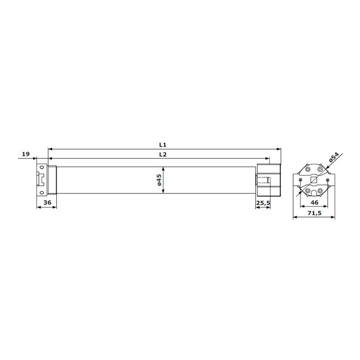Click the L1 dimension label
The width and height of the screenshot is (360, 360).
pyautogui.click(x=162, y=145)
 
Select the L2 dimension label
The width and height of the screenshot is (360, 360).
pyautogui.click(x=162, y=154)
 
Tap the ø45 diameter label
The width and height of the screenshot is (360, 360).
pyautogui.click(x=159, y=180)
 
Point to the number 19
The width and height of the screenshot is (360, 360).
pyautogui.click(x=26, y=154)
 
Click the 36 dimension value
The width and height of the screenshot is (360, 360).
pyautogui.click(x=47, y=202)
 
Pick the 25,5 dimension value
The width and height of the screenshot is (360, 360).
pyautogui.click(x=263, y=203)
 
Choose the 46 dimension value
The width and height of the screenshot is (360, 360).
pyautogui.click(x=314, y=202)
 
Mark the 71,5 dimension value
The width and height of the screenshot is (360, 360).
pyautogui.click(x=314, y=213)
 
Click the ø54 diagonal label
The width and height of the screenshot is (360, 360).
pyautogui.click(x=333, y=157)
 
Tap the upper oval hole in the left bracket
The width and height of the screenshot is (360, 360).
pyautogui.click(x=42, y=167)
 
